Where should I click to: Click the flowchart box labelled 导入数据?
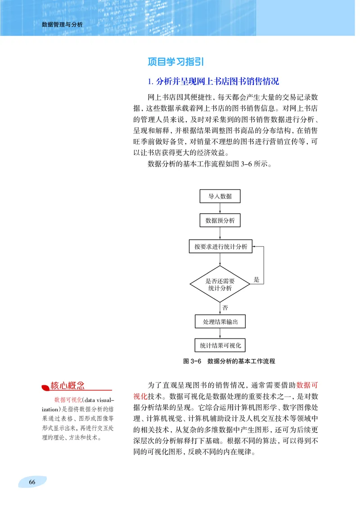pyautogui.click(x=220, y=196)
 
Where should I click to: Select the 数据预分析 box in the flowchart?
pyautogui.click(x=220, y=221)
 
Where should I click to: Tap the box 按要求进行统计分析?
pyautogui.click(x=220, y=247)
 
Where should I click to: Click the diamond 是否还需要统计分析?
pyautogui.click(x=220, y=284)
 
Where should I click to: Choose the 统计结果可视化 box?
pyautogui.click(x=220, y=346)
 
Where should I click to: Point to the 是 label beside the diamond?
pyautogui.click(x=256, y=280)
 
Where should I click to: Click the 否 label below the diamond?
pyautogui.click(x=225, y=307)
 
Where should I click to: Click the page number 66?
pyautogui.click(x=32, y=482)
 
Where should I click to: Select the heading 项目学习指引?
pyautogui.click(x=177, y=62)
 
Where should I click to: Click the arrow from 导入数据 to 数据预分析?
pyautogui.click(x=220, y=208)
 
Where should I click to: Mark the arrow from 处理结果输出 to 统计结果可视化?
pyautogui.click(x=220, y=334)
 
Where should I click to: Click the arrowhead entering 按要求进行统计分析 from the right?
pyautogui.click(x=255, y=247)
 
